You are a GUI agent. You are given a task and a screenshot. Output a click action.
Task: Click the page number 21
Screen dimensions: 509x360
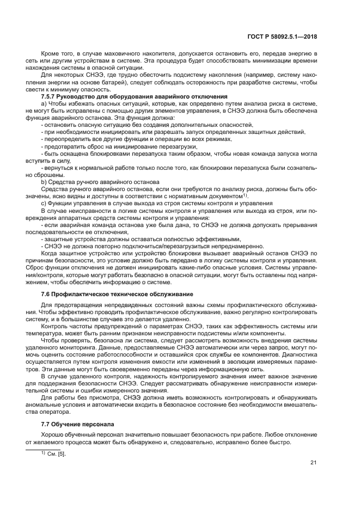click(313, 463)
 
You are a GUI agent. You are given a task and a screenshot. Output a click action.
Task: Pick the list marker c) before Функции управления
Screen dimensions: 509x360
click(44, 203)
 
